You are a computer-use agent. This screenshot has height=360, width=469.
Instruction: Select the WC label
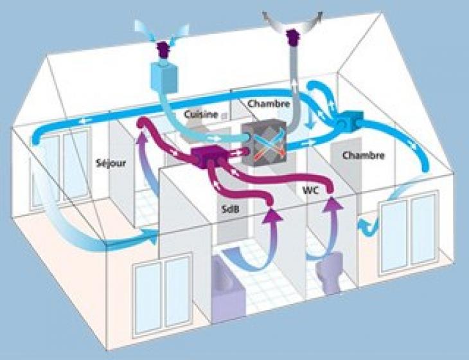click(311, 190)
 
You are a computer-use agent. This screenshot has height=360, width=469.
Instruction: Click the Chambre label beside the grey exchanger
click(265, 103)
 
